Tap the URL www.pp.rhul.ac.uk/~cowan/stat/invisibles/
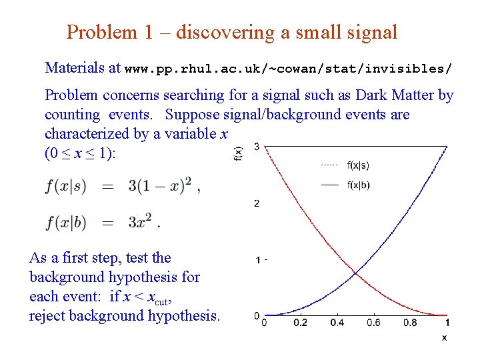click(x=289, y=69)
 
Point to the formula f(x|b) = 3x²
click(x=103, y=222)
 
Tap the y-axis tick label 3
click(x=257, y=147)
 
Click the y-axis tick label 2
click(x=257, y=203)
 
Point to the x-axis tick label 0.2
click(x=300, y=323)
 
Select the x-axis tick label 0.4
click(x=337, y=323)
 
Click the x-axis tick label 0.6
click(x=373, y=323)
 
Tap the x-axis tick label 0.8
click(x=410, y=323)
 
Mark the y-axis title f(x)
click(x=239, y=153)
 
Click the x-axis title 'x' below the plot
click(x=444, y=338)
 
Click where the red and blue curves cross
click(x=355, y=273)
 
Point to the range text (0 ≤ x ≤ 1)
click(x=80, y=153)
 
